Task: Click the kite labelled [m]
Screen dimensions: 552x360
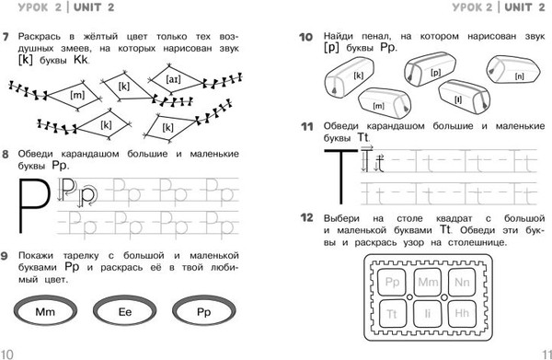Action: (x=75, y=95)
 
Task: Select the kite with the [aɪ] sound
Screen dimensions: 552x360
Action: (x=174, y=80)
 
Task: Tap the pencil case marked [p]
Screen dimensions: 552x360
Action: (x=431, y=70)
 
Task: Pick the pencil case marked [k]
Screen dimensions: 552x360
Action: (x=350, y=78)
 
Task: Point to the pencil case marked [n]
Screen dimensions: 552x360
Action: (x=513, y=70)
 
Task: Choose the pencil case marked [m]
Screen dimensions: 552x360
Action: (x=385, y=103)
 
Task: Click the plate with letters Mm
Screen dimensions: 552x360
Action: (x=45, y=311)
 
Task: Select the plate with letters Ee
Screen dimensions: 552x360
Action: (x=124, y=311)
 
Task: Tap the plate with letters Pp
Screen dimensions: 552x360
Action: (x=204, y=311)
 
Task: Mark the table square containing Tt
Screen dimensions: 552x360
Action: (x=392, y=313)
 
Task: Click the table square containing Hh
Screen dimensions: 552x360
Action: (x=462, y=313)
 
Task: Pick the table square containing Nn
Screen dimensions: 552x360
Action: (x=462, y=282)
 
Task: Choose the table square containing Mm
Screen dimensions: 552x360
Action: (x=428, y=282)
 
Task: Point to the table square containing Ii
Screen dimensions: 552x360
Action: (x=428, y=313)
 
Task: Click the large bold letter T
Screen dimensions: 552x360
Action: (x=340, y=176)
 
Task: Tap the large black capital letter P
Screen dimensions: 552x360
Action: (x=33, y=205)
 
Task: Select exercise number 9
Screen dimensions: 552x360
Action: (x=5, y=256)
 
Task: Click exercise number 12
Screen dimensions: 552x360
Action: (x=306, y=217)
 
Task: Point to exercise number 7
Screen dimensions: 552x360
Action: (x=5, y=37)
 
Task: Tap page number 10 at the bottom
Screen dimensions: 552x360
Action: (x=6, y=354)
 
